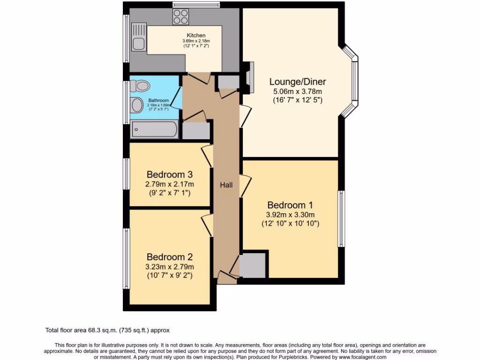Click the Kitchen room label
click(x=196, y=36)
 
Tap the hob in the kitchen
click(x=180, y=17)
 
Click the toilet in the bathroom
click(x=139, y=85)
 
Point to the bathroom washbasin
click(x=137, y=105)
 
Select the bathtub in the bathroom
click(x=155, y=129)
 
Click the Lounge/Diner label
click(x=297, y=82)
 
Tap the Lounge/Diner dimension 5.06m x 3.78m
click(x=297, y=91)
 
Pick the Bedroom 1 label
click(x=290, y=205)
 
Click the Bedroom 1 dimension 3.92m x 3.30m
click(x=290, y=215)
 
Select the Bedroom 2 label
click(x=170, y=257)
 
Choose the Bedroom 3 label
click(x=170, y=174)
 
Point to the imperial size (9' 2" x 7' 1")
click(x=170, y=193)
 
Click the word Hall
click(x=226, y=185)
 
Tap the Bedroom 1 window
click(x=342, y=218)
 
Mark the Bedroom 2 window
click(x=126, y=258)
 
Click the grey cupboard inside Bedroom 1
click(x=253, y=266)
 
